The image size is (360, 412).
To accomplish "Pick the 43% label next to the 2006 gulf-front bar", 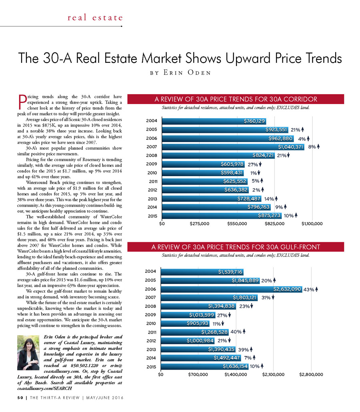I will coord(308,289).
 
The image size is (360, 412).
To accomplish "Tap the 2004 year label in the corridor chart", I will coord(152,121).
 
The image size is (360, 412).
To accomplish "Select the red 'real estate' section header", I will coord(95,18).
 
